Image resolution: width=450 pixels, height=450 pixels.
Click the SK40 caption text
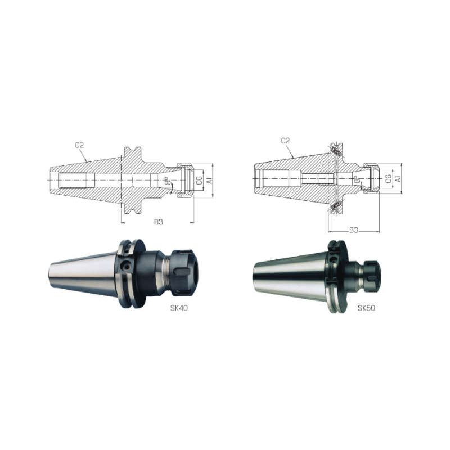pyautogui.click(x=179, y=308)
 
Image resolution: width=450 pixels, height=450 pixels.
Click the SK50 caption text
pyautogui.click(x=366, y=308)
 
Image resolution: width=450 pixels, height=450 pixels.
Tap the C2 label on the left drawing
pyautogui.click(x=79, y=145)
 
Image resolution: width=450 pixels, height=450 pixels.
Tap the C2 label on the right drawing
pyautogui.click(x=286, y=141)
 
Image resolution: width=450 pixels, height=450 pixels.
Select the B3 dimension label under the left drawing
pyautogui.click(x=159, y=222)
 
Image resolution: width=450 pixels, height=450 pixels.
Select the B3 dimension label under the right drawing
pyautogui.click(x=354, y=230)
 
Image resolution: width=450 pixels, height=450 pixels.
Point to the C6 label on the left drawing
pyautogui.click(x=199, y=180)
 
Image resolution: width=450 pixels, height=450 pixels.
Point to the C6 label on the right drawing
pyautogui.click(x=388, y=179)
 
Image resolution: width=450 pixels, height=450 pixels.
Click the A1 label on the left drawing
pyautogui.click(x=209, y=180)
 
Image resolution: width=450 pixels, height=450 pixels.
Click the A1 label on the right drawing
pyautogui.click(x=398, y=178)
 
